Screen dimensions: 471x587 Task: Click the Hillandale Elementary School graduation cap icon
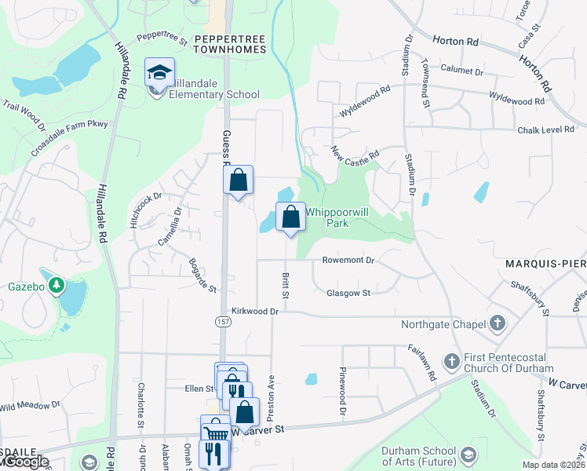point(159,74)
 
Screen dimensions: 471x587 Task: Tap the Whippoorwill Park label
point(337,217)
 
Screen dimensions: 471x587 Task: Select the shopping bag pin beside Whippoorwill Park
point(290,217)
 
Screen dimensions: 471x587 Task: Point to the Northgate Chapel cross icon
point(496,323)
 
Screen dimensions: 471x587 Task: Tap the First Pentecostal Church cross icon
point(451,361)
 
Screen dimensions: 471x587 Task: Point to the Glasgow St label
point(348,293)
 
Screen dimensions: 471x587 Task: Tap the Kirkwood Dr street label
point(255,312)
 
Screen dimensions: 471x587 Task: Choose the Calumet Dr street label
point(462,71)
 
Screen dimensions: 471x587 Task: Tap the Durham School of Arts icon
point(469,455)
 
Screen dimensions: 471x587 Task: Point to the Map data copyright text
point(554,466)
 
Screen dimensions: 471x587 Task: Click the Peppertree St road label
point(162,38)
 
